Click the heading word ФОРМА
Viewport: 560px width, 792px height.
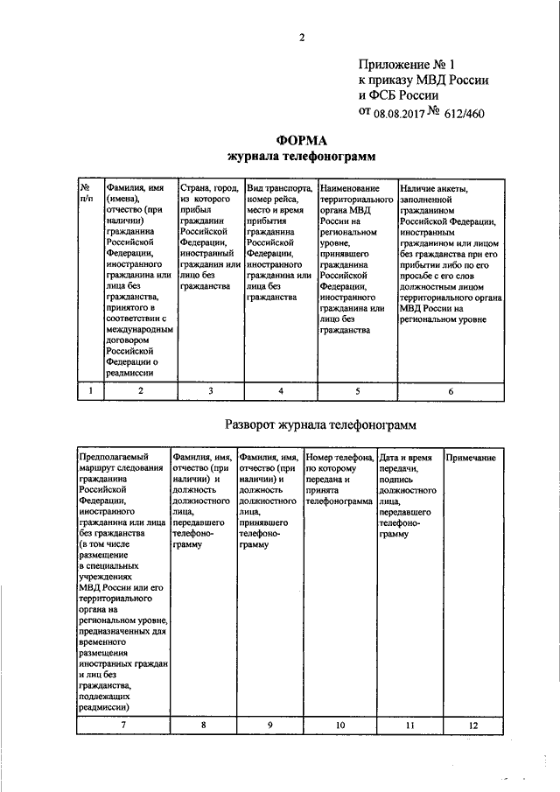pyautogui.click(x=300, y=140)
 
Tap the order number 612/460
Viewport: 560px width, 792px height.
pyautogui.click(x=465, y=113)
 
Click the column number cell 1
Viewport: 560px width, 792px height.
pyautogui.click(x=90, y=391)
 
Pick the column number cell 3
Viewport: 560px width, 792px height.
pyautogui.click(x=210, y=391)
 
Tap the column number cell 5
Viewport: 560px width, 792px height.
pyautogui.click(x=356, y=391)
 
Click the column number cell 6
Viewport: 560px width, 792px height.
pyautogui.click(x=451, y=391)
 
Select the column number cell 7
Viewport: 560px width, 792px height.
pyautogui.click(x=122, y=725)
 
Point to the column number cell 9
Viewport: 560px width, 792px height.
pyautogui.click(x=269, y=725)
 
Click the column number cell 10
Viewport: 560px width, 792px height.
pyautogui.click(x=339, y=725)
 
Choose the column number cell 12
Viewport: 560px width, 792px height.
pyautogui.click(x=473, y=725)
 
